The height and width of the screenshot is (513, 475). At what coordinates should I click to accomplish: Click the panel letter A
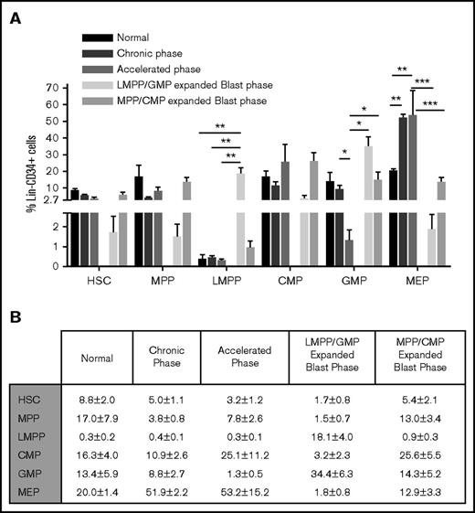15,14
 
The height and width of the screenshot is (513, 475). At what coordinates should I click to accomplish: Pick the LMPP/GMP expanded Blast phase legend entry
192,84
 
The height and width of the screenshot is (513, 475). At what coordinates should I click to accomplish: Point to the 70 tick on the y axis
53,89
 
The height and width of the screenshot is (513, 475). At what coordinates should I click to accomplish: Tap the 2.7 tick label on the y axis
51,199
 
